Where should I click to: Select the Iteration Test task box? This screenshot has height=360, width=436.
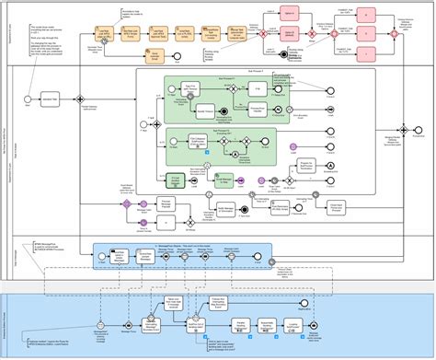point(52,99)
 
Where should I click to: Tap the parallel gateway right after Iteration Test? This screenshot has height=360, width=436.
point(81,99)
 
